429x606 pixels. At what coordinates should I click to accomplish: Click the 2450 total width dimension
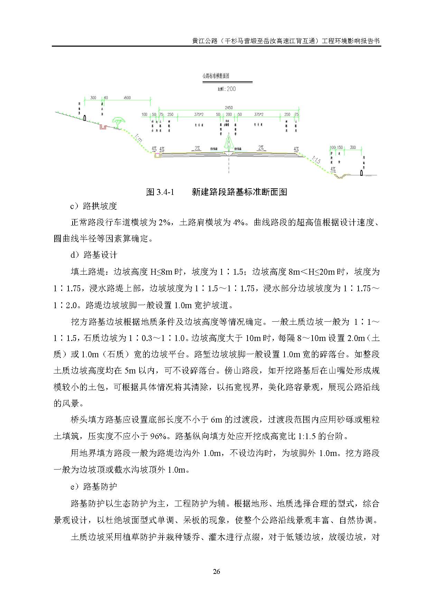[229, 107]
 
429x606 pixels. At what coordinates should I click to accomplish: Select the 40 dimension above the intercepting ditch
[106, 98]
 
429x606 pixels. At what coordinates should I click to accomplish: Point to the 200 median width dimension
[229, 114]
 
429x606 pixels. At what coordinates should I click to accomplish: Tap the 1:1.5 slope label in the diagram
[316, 160]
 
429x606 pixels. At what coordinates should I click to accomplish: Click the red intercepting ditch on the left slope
[102, 127]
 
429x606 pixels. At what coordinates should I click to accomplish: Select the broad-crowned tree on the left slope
[117, 123]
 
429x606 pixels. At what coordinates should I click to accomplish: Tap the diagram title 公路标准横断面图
[216, 76]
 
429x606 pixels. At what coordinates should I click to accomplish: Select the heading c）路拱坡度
[94, 206]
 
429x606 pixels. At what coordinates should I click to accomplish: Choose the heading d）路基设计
[94, 255]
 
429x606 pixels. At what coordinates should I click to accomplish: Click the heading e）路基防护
[94, 486]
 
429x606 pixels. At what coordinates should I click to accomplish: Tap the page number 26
[216, 571]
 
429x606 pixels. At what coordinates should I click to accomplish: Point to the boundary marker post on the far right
[362, 172]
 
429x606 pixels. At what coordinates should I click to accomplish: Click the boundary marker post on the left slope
[85, 118]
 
